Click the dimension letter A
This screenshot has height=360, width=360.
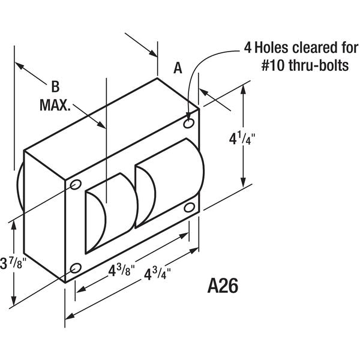pos(178,68)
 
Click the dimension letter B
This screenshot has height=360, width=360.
pos(55,85)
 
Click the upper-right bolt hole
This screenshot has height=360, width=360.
pos(189,123)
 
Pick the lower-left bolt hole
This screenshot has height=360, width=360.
pos(75,268)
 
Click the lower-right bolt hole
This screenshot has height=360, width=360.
pos(190,208)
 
